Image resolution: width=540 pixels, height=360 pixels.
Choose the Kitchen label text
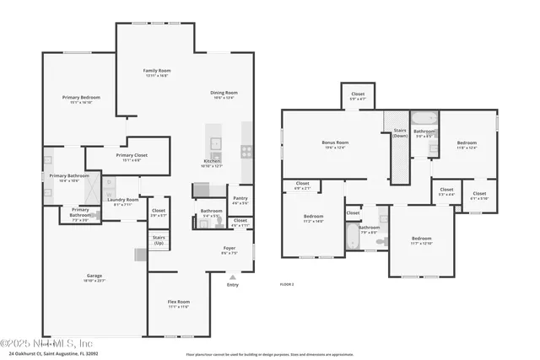[212, 163]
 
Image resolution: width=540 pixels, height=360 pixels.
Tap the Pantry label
[240, 200]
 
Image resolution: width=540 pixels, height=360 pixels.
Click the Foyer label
[229, 250]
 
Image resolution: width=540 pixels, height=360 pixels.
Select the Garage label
[94, 277]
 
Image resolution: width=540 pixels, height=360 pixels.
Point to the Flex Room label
[177, 304]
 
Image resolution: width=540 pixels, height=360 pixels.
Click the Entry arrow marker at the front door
[232, 276]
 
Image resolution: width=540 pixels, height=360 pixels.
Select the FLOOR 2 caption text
[286, 284]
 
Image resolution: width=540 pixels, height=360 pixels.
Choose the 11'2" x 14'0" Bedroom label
[313, 218]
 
